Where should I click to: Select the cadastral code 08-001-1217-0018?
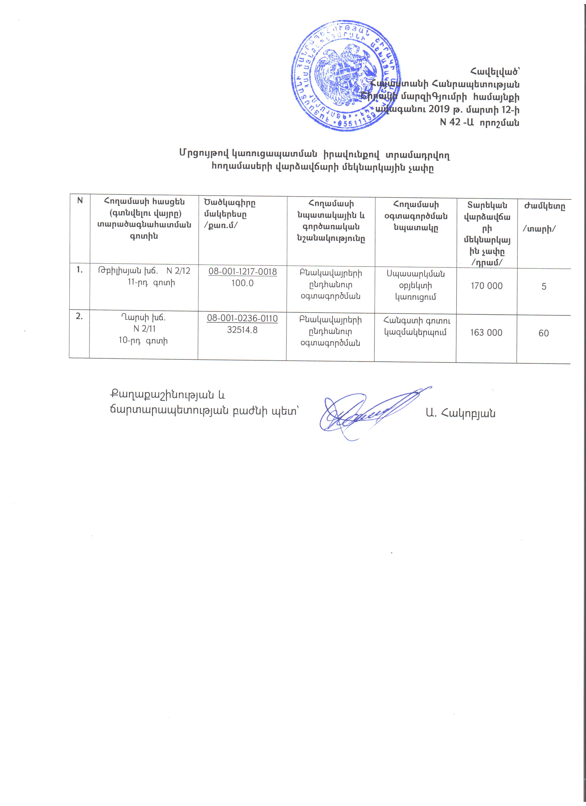pyautogui.click(x=242, y=272)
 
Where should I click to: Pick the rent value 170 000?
pyautogui.click(x=486, y=286)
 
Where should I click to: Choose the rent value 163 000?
pyautogui.click(x=486, y=333)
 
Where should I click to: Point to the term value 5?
pyautogui.click(x=544, y=287)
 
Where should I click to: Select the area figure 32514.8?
pyautogui.click(x=242, y=330)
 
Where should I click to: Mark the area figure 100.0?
pyautogui.click(x=242, y=283)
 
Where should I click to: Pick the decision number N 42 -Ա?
pyautogui.click(x=456, y=123)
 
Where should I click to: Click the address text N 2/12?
pyautogui.click(x=178, y=271)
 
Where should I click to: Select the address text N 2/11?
pyautogui.click(x=144, y=329)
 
